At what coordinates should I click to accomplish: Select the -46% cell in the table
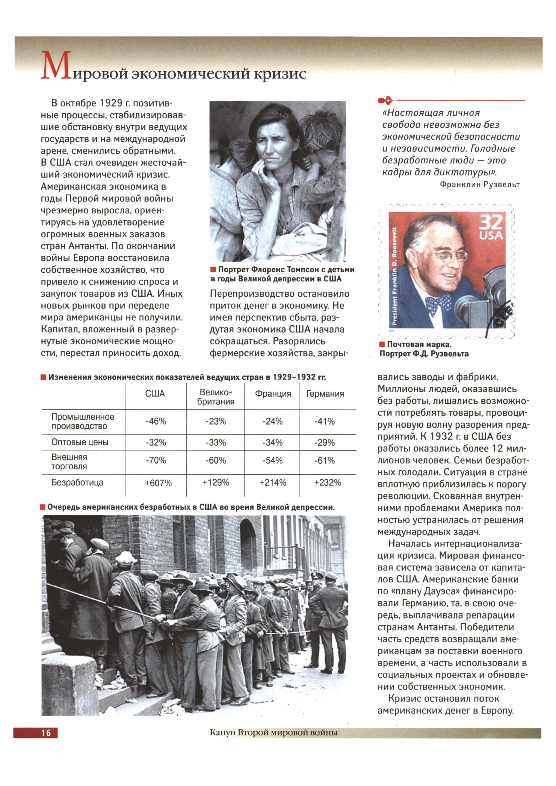coord(156,421)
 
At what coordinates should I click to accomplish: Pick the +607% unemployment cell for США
coord(158,483)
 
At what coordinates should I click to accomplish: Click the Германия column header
coord(325,394)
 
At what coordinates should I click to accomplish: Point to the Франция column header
coord(273,394)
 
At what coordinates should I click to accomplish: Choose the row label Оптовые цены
coord(80,442)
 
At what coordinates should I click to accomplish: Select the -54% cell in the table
coord(272,460)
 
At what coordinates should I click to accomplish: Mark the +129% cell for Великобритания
coord(216,483)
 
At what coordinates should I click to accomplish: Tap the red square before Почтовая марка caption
coord(382,344)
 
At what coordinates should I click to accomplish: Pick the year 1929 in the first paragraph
coord(111,103)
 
